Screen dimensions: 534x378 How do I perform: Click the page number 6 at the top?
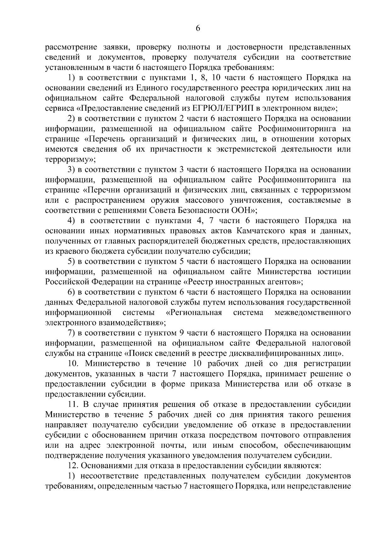[x=198, y=28]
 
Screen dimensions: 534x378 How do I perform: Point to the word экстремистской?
[x=251, y=149]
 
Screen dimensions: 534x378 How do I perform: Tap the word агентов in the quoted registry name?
[x=281, y=282]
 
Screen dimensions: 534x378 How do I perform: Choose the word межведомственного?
[x=313, y=312]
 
